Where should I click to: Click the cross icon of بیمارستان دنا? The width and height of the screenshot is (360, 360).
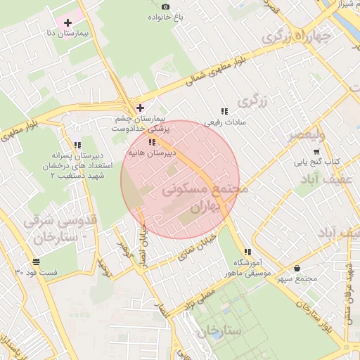pyautogui.click(x=67, y=23)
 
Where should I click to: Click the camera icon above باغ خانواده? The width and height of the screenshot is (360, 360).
pyautogui.click(x=165, y=6)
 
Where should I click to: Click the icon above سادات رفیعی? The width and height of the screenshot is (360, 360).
pyautogui.click(x=224, y=111)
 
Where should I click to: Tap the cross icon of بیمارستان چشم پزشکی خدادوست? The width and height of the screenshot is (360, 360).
pyautogui.click(x=141, y=108)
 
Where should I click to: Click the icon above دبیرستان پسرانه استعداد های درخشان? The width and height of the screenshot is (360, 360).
pyautogui.click(x=77, y=146)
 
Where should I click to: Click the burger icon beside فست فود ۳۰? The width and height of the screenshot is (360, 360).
pyautogui.click(x=36, y=262)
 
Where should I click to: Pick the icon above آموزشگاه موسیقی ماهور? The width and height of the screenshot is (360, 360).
pyautogui.click(x=247, y=252)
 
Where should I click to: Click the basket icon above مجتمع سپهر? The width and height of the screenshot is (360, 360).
pyautogui.click(x=297, y=268)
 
